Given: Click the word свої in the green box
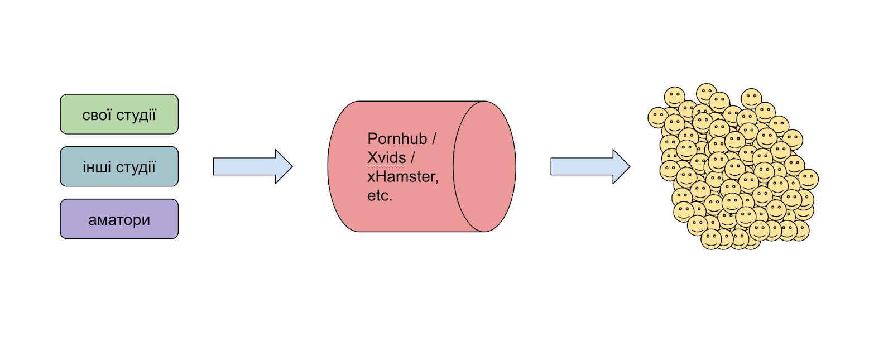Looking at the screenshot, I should point(97,115).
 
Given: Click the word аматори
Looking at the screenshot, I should point(119,220).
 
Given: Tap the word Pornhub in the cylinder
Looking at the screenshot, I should point(397,138).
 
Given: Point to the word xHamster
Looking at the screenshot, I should point(402,176).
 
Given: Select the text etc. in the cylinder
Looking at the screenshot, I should point(380,195).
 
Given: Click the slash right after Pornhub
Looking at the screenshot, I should point(434,138).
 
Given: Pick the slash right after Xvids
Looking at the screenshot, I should point(413,157).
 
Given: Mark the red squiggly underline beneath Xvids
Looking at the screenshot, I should point(386,166).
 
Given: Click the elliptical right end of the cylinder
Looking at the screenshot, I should point(484,166).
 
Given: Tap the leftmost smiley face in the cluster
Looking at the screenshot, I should point(657,118).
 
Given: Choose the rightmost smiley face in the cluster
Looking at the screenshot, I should point(808,179).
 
